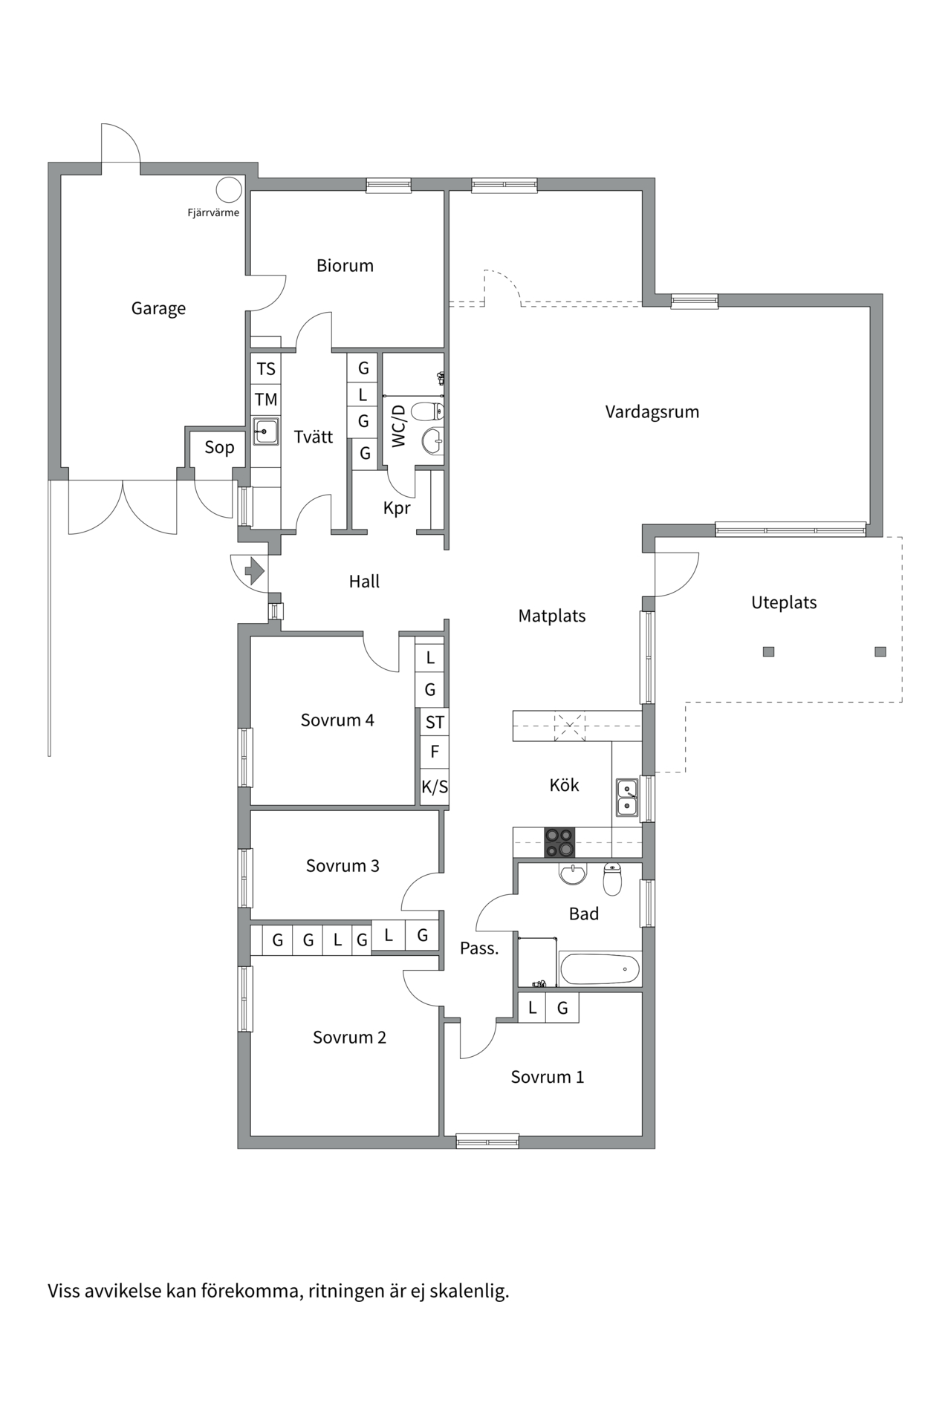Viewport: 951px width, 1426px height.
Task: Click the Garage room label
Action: click(x=158, y=308)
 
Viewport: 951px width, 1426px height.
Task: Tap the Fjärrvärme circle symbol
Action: click(x=229, y=189)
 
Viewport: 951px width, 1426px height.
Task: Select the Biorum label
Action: click(x=345, y=265)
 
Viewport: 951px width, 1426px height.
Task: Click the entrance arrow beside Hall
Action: click(x=255, y=571)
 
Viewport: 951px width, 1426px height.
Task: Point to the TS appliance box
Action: click(x=266, y=368)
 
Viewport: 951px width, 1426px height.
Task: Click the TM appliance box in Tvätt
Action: click(x=266, y=400)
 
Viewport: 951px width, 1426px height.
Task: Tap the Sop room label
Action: click(x=219, y=447)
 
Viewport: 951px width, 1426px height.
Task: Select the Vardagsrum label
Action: click(x=652, y=411)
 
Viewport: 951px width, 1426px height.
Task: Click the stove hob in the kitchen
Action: click(x=559, y=842)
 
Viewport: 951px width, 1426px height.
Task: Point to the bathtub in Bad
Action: click(x=600, y=969)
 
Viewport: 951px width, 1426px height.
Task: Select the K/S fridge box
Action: click(x=435, y=787)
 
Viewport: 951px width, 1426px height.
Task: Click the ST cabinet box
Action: click(x=435, y=722)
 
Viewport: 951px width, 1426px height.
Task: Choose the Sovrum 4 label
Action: click(x=337, y=720)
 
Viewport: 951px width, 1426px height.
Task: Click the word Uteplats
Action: click(x=784, y=602)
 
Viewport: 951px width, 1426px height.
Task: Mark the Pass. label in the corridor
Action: click(x=479, y=948)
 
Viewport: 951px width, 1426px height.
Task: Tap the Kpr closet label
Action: click(x=397, y=509)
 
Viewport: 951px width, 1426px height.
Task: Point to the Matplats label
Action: click(x=552, y=616)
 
